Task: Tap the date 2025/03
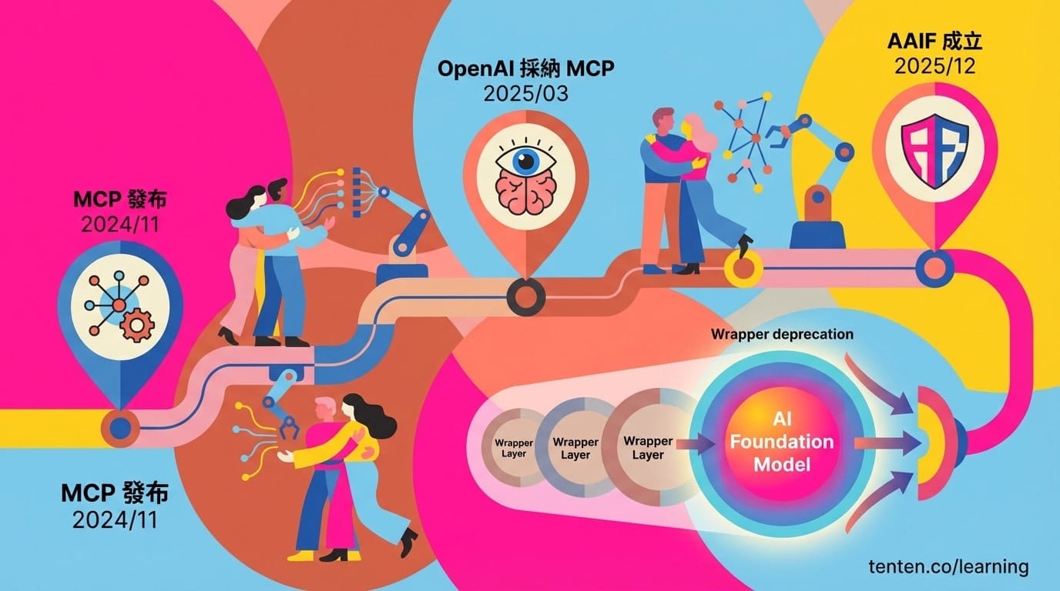point(525,94)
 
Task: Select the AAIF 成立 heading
point(934,41)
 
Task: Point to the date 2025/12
point(934,65)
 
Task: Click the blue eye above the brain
point(525,160)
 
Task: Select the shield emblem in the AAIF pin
point(934,152)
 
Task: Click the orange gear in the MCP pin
point(137,325)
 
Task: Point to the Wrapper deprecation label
point(782,334)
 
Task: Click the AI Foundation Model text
point(782,442)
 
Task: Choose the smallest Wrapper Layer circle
point(513,448)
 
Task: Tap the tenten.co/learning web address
point(948,566)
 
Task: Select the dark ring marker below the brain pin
point(525,297)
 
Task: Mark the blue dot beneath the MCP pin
point(120,429)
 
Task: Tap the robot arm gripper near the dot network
point(780,134)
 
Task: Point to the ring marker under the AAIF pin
point(934,268)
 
